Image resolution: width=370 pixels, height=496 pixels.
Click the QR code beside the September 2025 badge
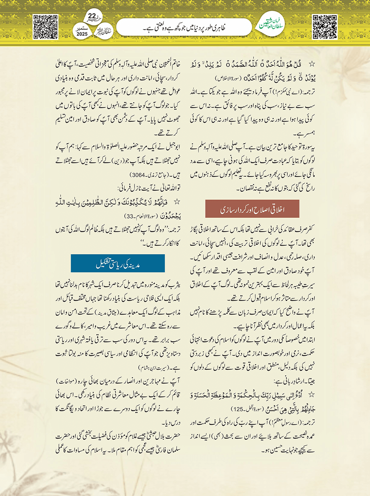pos(45,27)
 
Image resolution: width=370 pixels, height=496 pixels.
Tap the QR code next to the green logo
pos(325,27)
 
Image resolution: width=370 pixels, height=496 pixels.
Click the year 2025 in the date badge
pos(82,34)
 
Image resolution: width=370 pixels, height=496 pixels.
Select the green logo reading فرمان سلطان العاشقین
pos(272,25)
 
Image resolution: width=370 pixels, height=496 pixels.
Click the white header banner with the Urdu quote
pos(184,27)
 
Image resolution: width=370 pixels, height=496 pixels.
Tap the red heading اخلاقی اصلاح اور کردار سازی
pos(252,209)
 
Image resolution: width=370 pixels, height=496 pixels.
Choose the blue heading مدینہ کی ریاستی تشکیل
pos(118,264)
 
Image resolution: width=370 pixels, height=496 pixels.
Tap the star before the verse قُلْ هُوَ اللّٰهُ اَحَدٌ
pos(312,64)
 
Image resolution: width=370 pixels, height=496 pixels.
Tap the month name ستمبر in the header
pos(82,28)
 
